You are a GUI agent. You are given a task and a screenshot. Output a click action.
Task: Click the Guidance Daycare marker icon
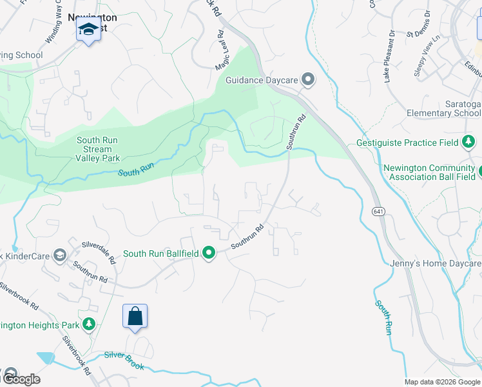(309, 80)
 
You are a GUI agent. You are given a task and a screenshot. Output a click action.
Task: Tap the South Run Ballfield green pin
(209, 253)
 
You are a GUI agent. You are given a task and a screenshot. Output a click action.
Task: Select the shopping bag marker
(135, 316)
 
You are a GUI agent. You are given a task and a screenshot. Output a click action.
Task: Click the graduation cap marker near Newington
(88, 29)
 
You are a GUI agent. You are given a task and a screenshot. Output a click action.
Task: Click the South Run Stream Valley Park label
(98, 149)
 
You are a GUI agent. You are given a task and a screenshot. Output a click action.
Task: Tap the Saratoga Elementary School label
(444, 108)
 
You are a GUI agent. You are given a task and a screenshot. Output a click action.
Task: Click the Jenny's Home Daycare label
(436, 264)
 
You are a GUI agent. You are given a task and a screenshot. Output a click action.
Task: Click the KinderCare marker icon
(59, 256)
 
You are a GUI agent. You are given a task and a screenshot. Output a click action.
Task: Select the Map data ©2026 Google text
(443, 382)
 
